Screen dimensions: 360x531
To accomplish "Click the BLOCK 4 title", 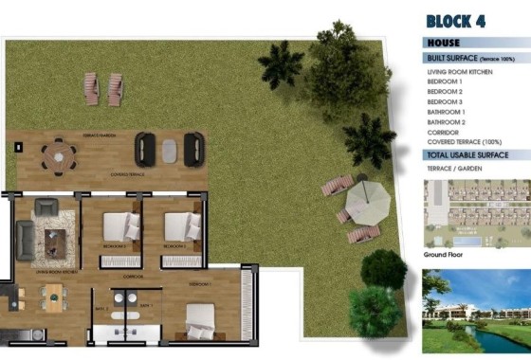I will (456, 21).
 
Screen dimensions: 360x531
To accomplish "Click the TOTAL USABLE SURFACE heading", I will (468, 154).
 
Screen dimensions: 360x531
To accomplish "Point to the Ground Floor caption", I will (441, 256).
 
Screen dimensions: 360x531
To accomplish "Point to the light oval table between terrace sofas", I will (169, 151).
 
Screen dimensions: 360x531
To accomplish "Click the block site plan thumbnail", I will (477, 214).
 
